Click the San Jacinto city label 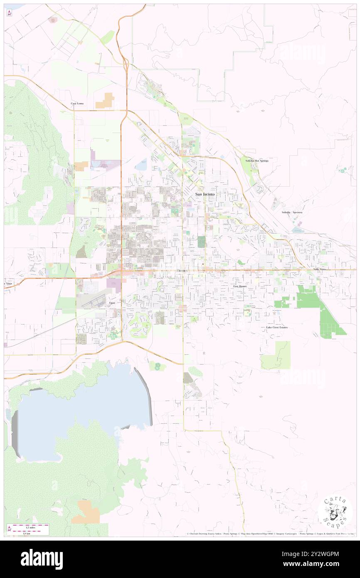pyautogui.click(x=205, y=194)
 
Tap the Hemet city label pyautogui.click(x=182, y=271)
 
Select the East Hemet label pyautogui.click(x=240, y=287)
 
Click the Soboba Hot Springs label pyautogui.click(x=256, y=161)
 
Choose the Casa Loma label pyautogui.click(x=77, y=103)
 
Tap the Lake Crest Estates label pyautogui.click(x=277, y=327)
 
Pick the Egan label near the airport pyautogui.click(x=112, y=303)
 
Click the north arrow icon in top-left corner pyautogui.click(x=10, y=13)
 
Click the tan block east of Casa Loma pyautogui.click(x=105, y=101)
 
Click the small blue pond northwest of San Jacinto pyautogui.click(x=141, y=165)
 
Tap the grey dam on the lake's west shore pyautogui.click(x=15, y=432)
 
